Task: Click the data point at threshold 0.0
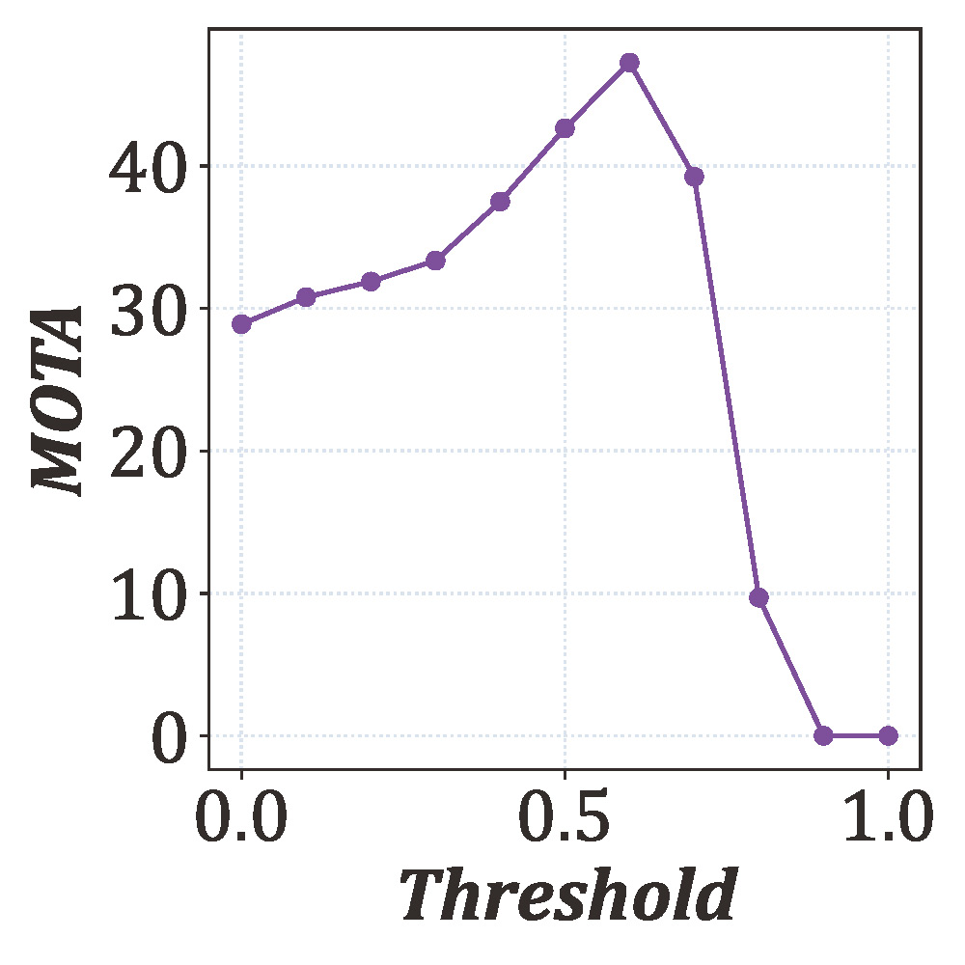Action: (x=241, y=323)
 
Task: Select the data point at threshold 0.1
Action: (x=306, y=297)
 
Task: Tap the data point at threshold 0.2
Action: (x=371, y=282)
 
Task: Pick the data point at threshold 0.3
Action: (x=435, y=261)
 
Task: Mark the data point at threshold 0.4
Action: (x=500, y=202)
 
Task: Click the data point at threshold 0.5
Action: (x=565, y=128)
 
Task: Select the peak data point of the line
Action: (x=629, y=63)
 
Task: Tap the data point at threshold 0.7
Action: (x=694, y=176)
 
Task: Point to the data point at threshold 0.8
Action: (x=758, y=597)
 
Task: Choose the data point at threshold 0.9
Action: (x=823, y=735)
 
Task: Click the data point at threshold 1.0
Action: (x=888, y=735)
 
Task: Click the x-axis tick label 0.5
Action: (x=565, y=820)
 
